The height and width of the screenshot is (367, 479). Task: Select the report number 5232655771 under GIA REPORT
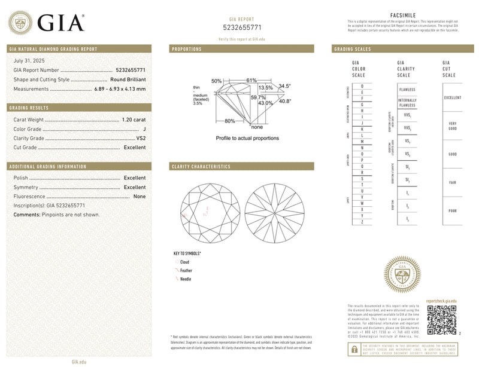coord(242,27)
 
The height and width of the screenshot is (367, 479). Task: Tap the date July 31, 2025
coord(29,61)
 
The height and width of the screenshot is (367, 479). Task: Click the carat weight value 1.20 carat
coord(133,120)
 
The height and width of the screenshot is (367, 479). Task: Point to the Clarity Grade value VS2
coord(140,138)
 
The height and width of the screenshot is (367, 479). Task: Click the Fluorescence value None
coord(140,196)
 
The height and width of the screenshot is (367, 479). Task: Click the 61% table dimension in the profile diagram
coord(251,80)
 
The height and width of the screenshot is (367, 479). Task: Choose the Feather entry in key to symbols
coord(186,271)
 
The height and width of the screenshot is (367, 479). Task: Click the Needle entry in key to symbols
coord(186,279)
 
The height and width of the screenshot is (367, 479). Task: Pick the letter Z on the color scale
coord(362,222)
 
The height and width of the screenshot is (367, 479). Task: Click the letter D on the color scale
coord(362,86)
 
